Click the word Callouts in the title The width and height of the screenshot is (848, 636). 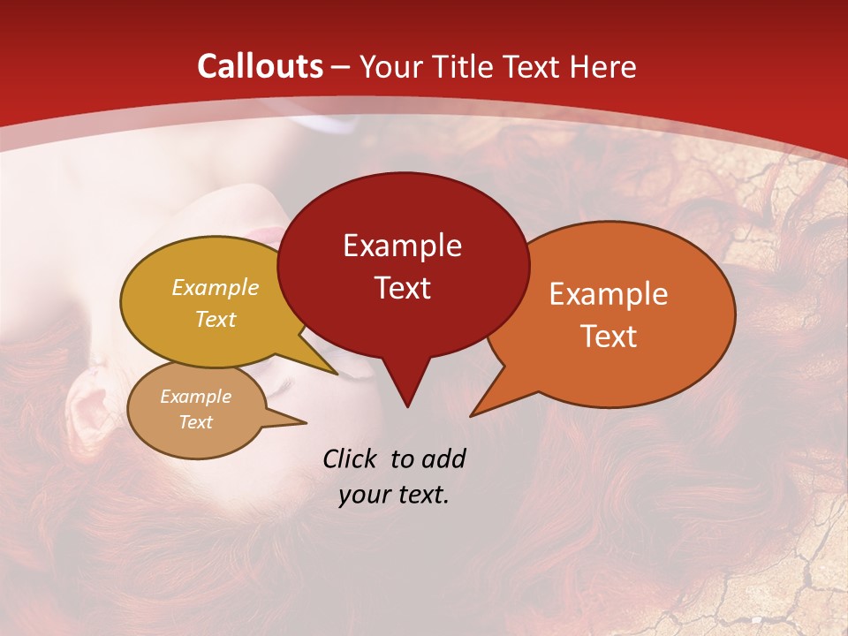pyautogui.click(x=260, y=66)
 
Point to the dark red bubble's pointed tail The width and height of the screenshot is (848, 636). pyautogui.click(x=407, y=402)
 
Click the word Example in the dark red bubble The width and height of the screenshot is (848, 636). pyautogui.click(x=402, y=246)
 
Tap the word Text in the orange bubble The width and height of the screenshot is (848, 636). pyautogui.click(x=609, y=337)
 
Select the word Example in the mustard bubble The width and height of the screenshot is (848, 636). pyautogui.click(x=216, y=288)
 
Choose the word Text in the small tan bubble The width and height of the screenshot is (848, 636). pyautogui.click(x=196, y=422)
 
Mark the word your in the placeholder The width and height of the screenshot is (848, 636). pyautogui.click(x=364, y=495)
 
